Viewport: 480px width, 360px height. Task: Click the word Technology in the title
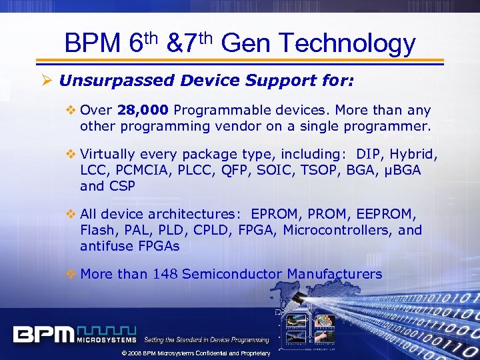(x=349, y=44)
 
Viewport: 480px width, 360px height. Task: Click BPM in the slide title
(x=91, y=44)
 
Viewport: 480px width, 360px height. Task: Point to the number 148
(x=165, y=274)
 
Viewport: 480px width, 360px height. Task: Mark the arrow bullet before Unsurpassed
(x=49, y=81)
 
